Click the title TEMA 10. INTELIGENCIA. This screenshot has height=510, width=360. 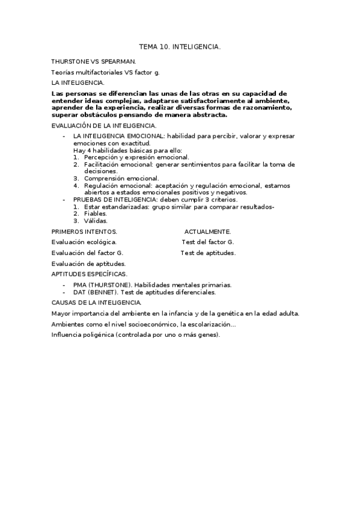point(180,46)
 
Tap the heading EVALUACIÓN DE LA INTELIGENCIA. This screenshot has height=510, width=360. point(104,126)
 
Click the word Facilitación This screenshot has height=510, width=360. point(105,164)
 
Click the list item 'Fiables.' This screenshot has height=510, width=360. point(96,214)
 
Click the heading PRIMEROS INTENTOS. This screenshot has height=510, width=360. point(85,232)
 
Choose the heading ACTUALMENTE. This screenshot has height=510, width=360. point(207,232)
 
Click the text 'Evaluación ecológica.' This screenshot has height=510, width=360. point(84,242)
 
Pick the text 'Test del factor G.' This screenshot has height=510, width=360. point(207,242)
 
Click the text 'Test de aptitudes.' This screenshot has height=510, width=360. point(208,253)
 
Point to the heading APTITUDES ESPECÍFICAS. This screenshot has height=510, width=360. point(90,274)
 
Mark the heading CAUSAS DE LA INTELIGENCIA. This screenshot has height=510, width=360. point(97,303)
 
